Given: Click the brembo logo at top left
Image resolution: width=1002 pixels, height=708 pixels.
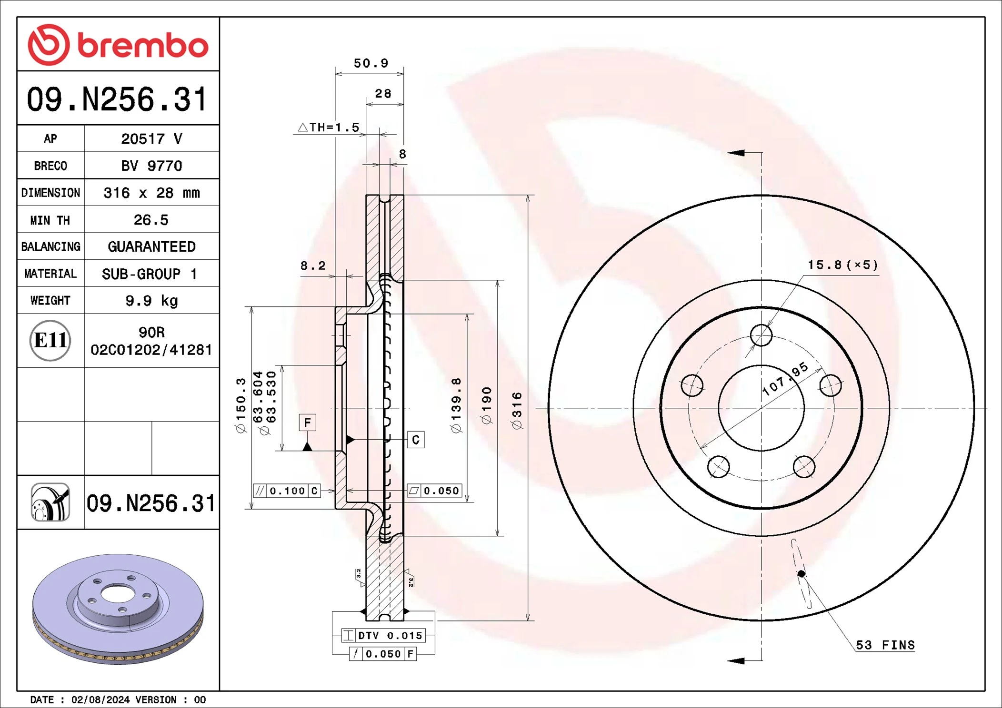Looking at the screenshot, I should click(x=118, y=45).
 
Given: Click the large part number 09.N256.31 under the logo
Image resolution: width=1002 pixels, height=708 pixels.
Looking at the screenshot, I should click(x=117, y=99).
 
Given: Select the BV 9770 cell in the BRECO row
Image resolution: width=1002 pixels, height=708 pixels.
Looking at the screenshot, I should click(x=151, y=166).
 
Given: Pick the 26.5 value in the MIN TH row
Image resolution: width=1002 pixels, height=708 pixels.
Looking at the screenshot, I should click(x=151, y=220).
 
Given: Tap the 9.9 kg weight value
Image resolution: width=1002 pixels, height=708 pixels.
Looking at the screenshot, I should click(x=151, y=301).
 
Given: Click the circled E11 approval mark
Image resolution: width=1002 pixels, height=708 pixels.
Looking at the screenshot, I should click(x=50, y=340).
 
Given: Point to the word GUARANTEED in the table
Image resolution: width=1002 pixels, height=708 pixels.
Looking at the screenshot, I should click(x=151, y=246).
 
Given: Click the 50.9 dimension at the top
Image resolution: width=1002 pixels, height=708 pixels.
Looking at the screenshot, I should click(x=371, y=63).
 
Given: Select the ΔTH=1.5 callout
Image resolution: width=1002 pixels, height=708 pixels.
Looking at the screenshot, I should click(x=329, y=127).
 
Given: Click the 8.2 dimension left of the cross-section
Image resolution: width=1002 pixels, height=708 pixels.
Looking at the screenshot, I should click(x=313, y=265).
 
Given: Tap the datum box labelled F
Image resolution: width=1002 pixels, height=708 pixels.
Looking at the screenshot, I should click(x=307, y=423).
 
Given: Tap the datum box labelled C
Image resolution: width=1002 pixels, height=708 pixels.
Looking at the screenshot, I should click(x=416, y=440).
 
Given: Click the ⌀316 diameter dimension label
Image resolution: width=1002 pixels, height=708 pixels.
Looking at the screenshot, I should click(x=517, y=411).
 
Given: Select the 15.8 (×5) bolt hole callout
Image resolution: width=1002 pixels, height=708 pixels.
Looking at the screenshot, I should click(x=842, y=265).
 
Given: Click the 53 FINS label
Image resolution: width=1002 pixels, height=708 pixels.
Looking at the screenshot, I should click(x=885, y=645).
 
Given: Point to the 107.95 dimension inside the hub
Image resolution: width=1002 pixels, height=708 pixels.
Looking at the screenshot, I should click(x=785, y=379).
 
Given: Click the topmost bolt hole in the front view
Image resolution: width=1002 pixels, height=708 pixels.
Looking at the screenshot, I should click(x=761, y=335).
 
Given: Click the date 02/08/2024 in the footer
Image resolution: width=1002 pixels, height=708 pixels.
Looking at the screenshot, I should click(x=100, y=700).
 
